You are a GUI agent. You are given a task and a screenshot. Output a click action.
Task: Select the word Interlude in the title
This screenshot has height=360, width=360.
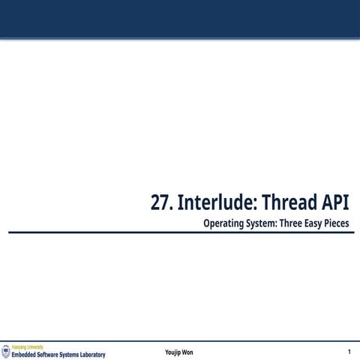coord(211,203)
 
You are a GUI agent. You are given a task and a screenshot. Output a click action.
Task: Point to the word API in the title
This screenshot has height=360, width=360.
coord(335,203)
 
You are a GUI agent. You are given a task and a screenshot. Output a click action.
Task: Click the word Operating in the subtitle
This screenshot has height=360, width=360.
coord(222,223)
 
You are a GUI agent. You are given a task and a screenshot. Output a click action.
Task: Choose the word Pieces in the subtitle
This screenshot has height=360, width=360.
coord(337,223)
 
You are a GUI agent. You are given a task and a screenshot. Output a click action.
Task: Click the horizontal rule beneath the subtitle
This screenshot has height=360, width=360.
coord(180,232)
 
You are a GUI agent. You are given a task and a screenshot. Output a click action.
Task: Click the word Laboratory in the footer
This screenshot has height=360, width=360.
coord(95,355)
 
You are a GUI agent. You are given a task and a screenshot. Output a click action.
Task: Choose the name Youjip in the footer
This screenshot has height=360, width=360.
coord(172,352)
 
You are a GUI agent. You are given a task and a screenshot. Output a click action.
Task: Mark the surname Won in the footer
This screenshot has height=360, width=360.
coord(187,352)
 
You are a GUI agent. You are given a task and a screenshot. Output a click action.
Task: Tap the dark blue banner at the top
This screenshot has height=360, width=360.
coord(180,18)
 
